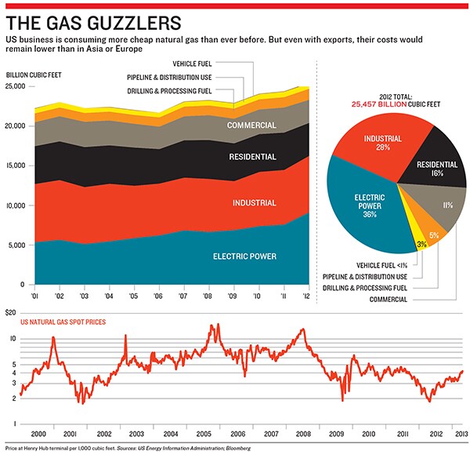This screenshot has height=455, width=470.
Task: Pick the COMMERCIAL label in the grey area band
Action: pyautogui.click(x=251, y=126)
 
